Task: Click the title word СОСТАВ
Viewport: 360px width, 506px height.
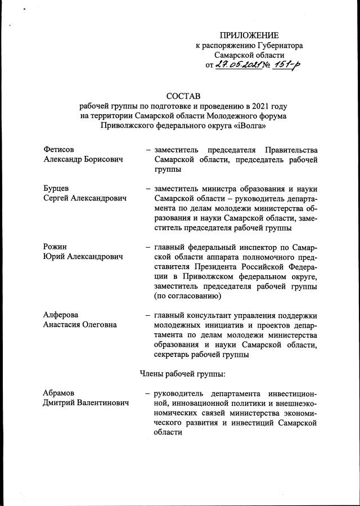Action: click(183, 96)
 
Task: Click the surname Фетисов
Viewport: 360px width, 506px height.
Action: click(58, 150)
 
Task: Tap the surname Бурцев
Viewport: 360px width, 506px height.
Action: click(56, 189)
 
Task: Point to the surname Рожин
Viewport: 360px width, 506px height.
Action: click(55, 247)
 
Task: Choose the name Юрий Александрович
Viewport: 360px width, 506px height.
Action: click(83, 257)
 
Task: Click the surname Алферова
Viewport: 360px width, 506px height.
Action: click(61, 315)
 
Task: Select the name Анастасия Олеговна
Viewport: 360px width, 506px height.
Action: click(80, 325)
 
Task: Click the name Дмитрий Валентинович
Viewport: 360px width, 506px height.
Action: click(85, 402)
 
